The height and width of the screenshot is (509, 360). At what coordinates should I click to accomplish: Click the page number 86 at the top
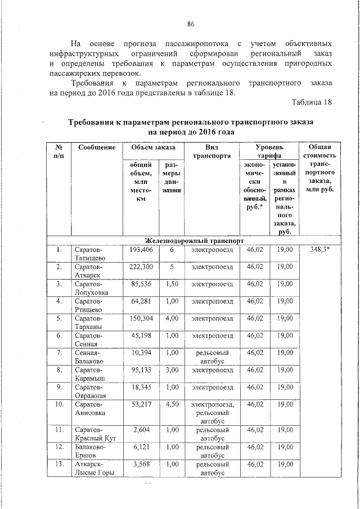(x=191, y=24)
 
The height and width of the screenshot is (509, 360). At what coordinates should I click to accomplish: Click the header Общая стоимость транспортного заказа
(x=319, y=167)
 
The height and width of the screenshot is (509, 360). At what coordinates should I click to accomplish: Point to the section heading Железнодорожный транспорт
(x=194, y=240)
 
